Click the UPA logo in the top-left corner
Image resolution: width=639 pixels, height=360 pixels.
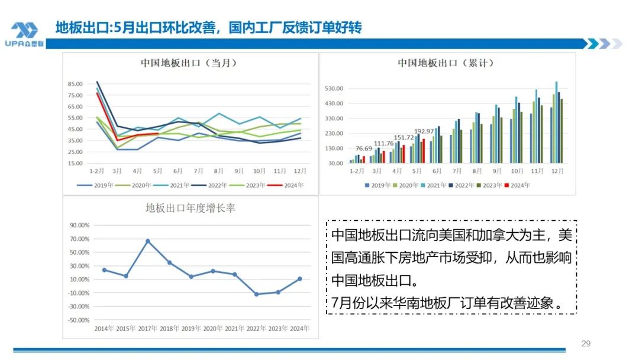pyautogui.click(x=24, y=34)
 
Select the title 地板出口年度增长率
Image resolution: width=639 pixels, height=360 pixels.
pyautogui.click(x=191, y=208)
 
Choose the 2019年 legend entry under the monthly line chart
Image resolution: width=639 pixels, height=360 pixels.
pyautogui.click(x=91, y=185)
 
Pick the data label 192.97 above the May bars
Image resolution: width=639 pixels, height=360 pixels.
pyautogui.click(x=424, y=131)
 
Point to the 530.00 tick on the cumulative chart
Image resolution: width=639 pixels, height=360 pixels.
pyautogui.click(x=334, y=89)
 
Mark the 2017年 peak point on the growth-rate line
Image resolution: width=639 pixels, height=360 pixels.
pyautogui.click(x=147, y=241)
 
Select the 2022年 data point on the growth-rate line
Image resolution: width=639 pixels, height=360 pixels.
pyautogui.click(x=256, y=294)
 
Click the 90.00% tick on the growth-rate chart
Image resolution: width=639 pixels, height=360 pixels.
pyautogui.click(x=79, y=226)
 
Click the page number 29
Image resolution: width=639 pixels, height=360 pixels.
pyautogui.click(x=586, y=344)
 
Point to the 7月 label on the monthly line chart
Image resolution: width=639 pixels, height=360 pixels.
pyautogui.click(x=199, y=171)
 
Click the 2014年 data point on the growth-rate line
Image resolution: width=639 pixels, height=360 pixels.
pyautogui.click(x=104, y=270)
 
